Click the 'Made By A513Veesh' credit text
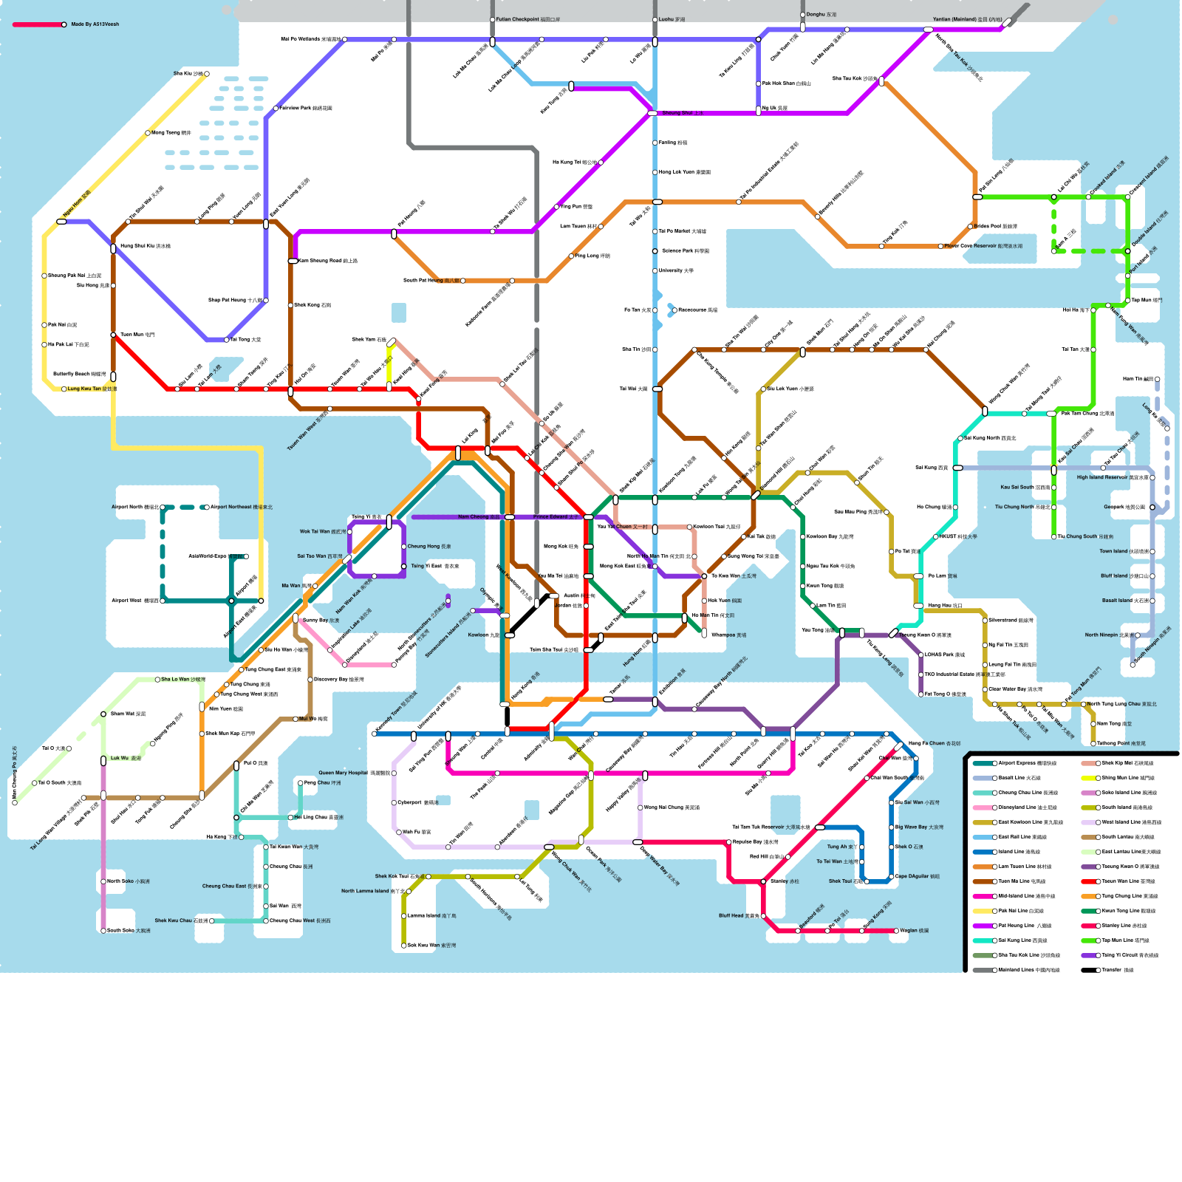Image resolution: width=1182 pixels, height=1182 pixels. point(95,24)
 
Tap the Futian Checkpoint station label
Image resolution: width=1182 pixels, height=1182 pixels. point(527,20)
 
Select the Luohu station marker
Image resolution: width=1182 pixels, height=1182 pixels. point(655,20)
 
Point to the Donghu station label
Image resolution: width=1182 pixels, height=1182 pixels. point(821,15)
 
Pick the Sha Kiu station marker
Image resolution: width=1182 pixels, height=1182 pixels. point(207,74)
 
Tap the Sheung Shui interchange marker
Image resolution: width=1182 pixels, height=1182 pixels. point(652,113)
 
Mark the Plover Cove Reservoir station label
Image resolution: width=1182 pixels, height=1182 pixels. point(983,246)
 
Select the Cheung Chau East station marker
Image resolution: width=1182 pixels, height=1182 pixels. point(266,886)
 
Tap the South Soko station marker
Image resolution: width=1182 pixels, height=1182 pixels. point(103,931)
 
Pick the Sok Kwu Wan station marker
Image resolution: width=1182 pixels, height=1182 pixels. point(404,945)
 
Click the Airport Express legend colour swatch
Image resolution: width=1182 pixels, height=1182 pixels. point(983,763)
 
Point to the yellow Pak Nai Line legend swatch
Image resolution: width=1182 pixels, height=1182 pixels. point(983,911)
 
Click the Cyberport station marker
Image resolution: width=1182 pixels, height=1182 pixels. point(394,802)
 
